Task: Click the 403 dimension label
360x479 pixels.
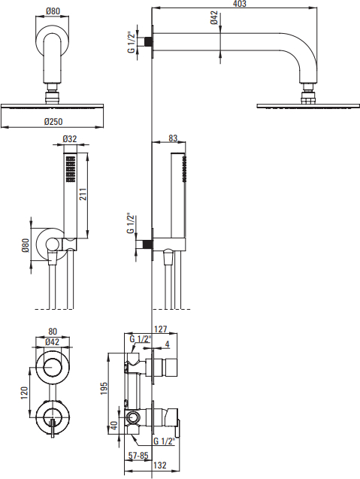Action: point(240,4)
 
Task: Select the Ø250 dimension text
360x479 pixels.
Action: point(53,122)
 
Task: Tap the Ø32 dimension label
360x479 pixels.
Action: point(70,139)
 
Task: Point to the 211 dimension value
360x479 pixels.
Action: point(83,194)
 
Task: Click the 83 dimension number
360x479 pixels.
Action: point(173,138)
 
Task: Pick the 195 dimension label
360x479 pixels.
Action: point(104,388)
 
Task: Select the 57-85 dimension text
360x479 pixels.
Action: point(138,456)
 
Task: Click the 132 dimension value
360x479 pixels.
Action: point(159,465)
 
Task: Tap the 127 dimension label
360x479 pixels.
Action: point(161,329)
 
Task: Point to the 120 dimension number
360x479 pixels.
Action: point(24,393)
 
